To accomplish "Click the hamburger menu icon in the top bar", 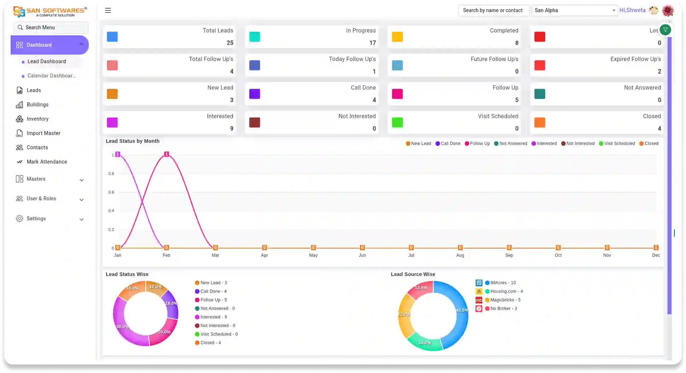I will pyautogui.click(x=108, y=10).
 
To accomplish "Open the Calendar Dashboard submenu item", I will pyautogui.click(x=51, y=76).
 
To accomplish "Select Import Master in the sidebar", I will pyautogui.click(x=43, y=133).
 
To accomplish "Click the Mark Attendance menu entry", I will pyautogui.click(x=47, y=162).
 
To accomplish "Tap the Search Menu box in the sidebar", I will pyautogui.click(x=51, y=27).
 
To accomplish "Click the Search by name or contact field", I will pyautogui.click(x=493, y=10).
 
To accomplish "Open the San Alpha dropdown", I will pyautogui.click(x=574, y=10).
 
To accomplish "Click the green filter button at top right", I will pyautogui.click(x=665, y=30).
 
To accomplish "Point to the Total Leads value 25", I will pyautogui.click(x=230, y=43).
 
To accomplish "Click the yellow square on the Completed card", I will pyautogui.click(x=397, y=37).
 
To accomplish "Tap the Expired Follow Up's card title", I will pyautogui.click(x=635, y=59).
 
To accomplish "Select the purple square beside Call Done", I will pyautogui.click(x=255, y=94).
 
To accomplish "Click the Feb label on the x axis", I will pyautogui.click(x=166, y=255).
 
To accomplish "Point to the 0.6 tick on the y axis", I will pyautogui.click(x=111, y=192).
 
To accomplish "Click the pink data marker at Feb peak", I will pyautogui.click(x=167, y=154).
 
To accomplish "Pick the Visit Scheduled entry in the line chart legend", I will pyautogui.click(x=617, y=143).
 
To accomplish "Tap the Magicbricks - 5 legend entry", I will pyautogui.click(x=505, y=300).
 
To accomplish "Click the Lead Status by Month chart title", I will pyautogui.click(x=133, y=141).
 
